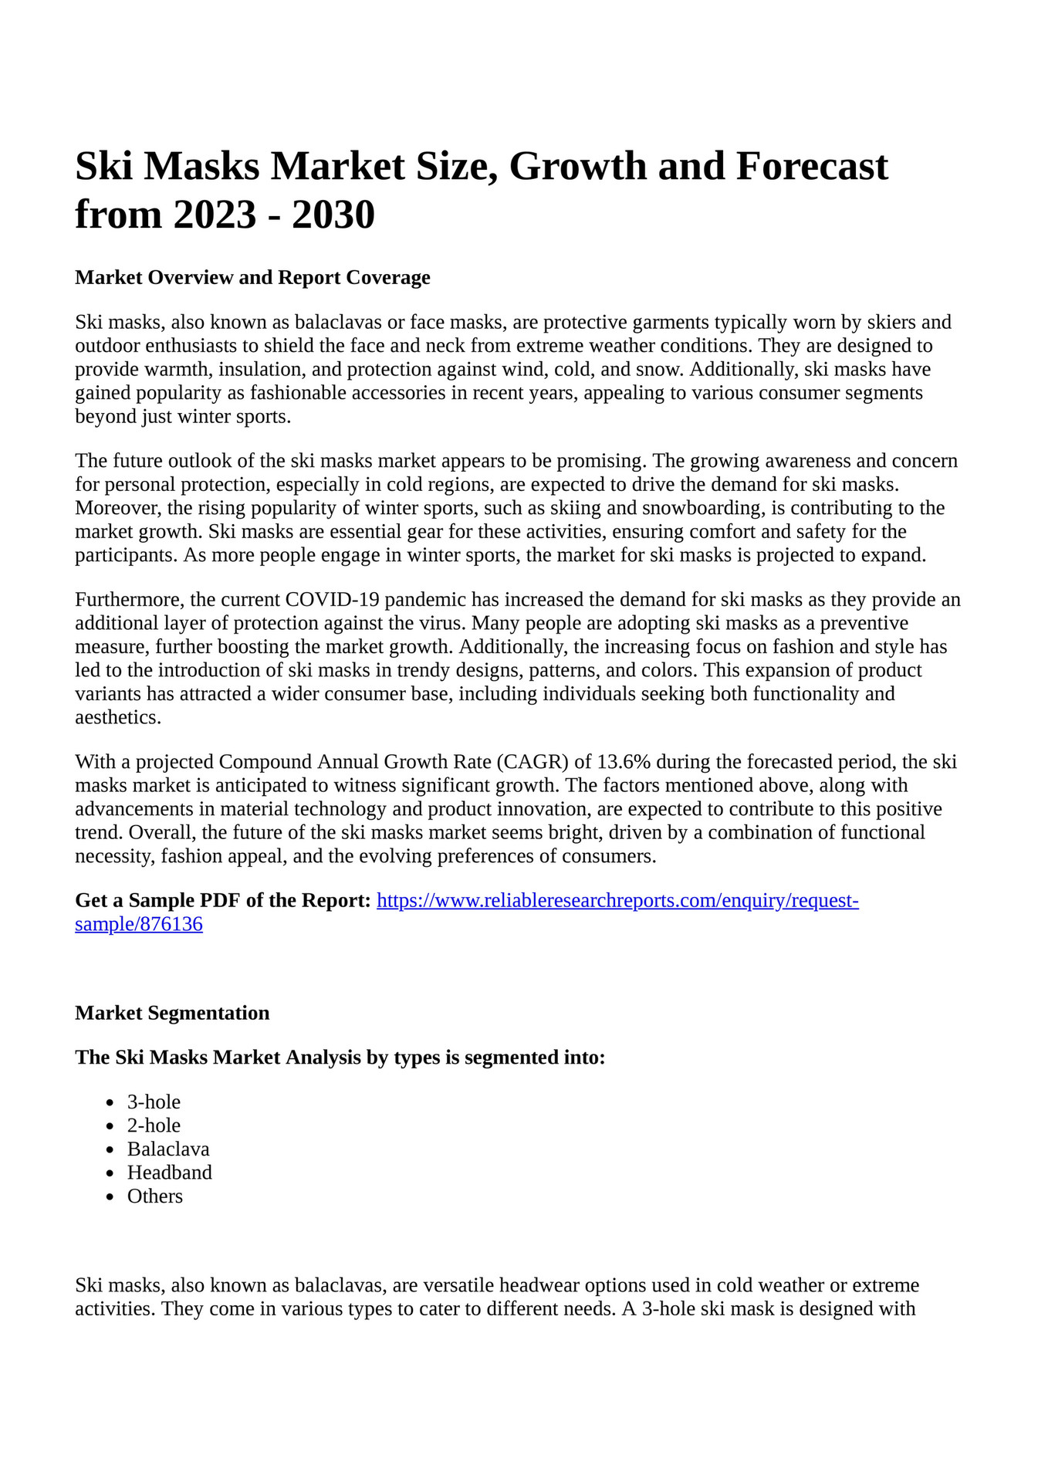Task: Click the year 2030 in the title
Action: tap(333, 214)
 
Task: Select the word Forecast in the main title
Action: tap(812, 167)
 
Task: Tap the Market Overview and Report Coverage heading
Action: tap(252, 277)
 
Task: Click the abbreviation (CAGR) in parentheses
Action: tap(532, 762)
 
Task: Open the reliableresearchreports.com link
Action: tap(617, 901)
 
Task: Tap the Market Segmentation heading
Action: tap(172, 1013)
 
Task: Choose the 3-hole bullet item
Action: tap(154, 1102)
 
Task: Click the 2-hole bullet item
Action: tap(154, 1125)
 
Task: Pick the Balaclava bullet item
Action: tap(168, 1149)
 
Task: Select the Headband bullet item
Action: tap(169, 1173)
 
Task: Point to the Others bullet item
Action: tap(155, 1197)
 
